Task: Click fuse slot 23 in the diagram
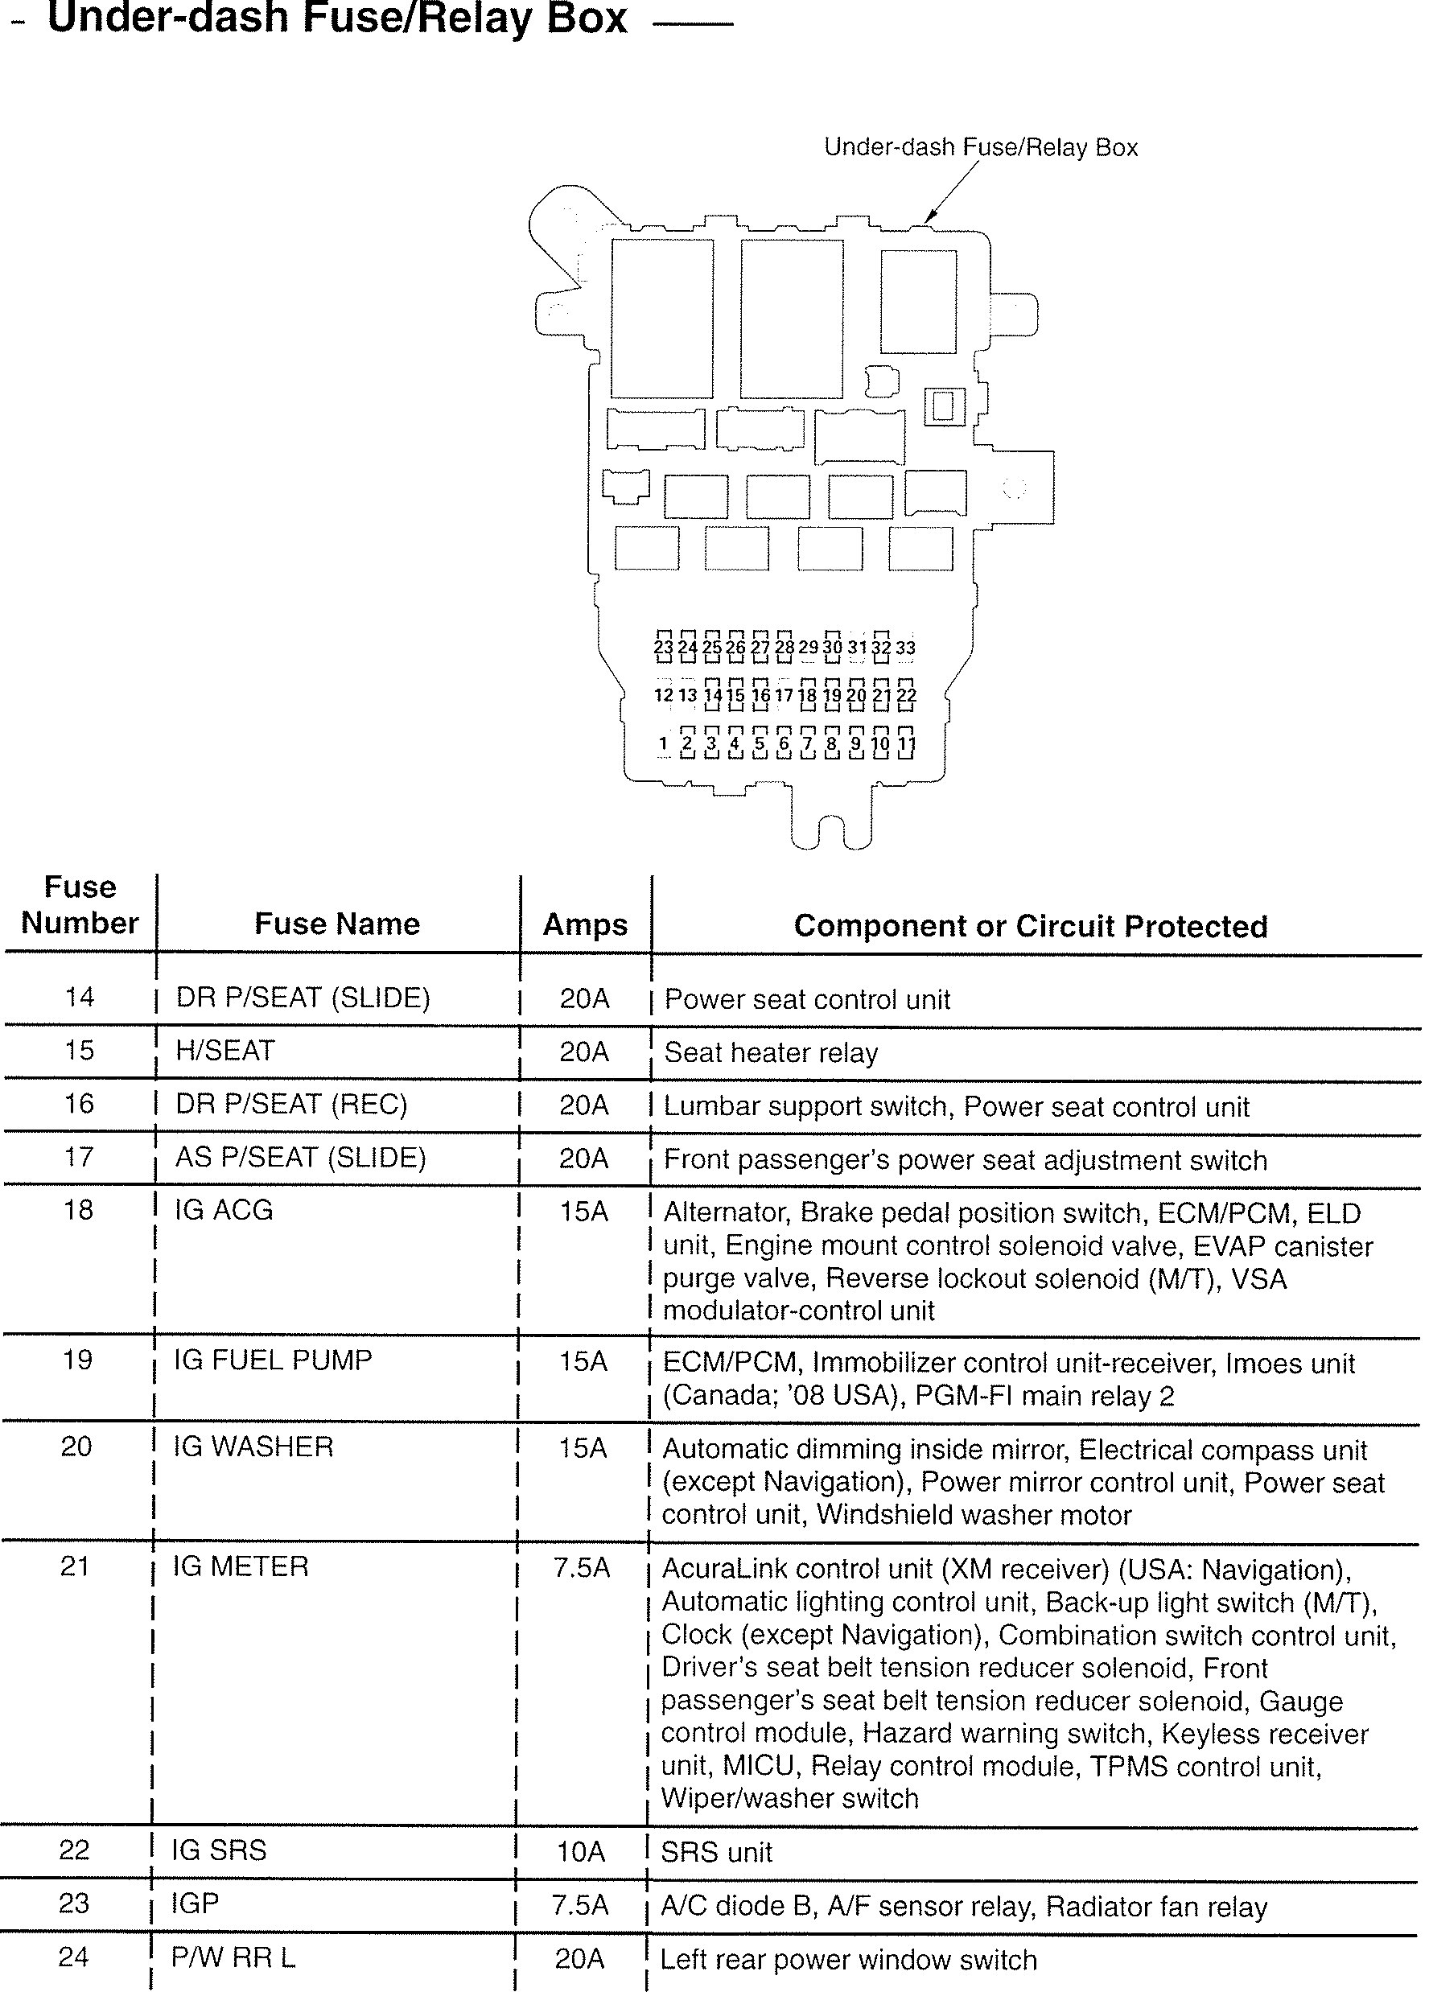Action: coord(663,648)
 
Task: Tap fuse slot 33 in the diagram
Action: coord(905,648)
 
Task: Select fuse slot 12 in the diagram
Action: coord(663,695)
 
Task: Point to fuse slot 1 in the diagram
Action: coord(663,743)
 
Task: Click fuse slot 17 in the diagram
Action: coord(784,696)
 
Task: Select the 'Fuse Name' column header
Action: coord(337,923)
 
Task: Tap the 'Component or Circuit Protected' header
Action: coord(1030,926)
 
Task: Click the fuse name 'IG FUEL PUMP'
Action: coord(273,1360)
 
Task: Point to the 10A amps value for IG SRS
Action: coord(581,1852)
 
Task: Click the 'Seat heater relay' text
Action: coord(770,1052)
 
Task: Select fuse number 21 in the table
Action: coord(75,1566)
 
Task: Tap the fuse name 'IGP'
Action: coord(195,1904)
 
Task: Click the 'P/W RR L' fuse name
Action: coord(233,1957)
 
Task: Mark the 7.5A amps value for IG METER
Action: coord(582,1568)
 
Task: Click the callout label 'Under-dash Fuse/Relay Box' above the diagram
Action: coord(980,146)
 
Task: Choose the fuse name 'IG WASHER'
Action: coord(253,1447)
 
